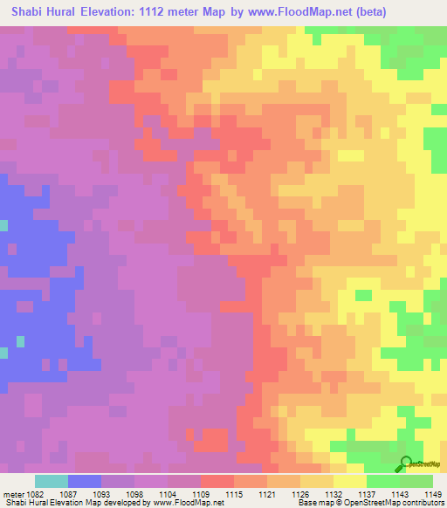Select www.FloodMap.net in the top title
coord(292,11)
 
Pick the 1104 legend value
coord(168,494)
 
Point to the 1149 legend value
coord(433,494)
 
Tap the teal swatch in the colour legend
coord(51,481)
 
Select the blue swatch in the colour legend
coord(84,481)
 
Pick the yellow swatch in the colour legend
coord(349,481)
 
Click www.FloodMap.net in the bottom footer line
coord(186,503)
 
